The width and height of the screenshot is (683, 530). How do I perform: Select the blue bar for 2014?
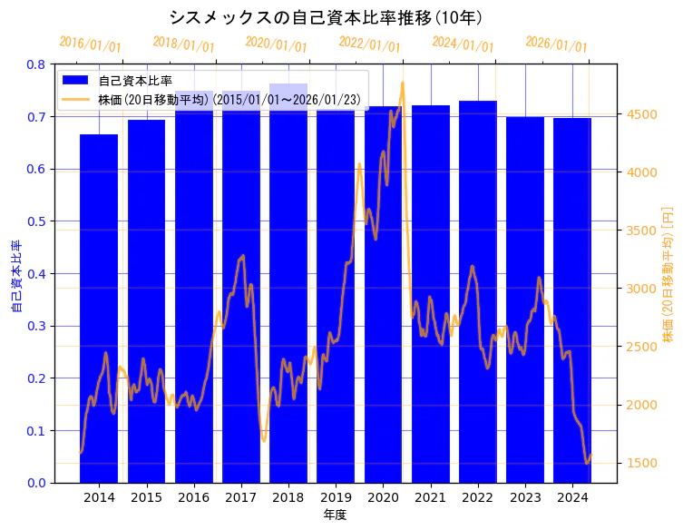click(x=99, y=309)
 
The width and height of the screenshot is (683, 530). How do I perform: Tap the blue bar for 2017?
click(x=240, y=290)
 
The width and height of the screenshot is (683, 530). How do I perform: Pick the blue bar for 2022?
click(x=477, y=290)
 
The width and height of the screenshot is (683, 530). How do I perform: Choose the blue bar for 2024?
click(x=571, y=299)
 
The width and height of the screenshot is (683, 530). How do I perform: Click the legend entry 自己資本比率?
click(x=135, y=81)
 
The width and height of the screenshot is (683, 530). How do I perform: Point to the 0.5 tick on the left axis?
click(x=36, y=221)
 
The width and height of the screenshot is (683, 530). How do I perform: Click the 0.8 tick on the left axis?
click(x=36, y=65)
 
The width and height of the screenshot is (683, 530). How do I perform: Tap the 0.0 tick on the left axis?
click(x=36, y=483)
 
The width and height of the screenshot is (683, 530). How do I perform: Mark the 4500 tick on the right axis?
click(x=640, y=114)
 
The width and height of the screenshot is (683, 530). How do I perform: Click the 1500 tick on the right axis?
click(x=640, y=463)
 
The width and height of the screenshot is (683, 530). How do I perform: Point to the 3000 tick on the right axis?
click(x=640, y=289)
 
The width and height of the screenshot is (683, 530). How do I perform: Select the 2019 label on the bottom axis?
click(x=335, y=497)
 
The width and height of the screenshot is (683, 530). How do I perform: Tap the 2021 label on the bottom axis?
click(x=430, y=497)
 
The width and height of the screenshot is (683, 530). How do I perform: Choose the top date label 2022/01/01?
click(x=369, y=44)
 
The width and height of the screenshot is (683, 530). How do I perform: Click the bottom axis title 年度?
click(x=335, y=515)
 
